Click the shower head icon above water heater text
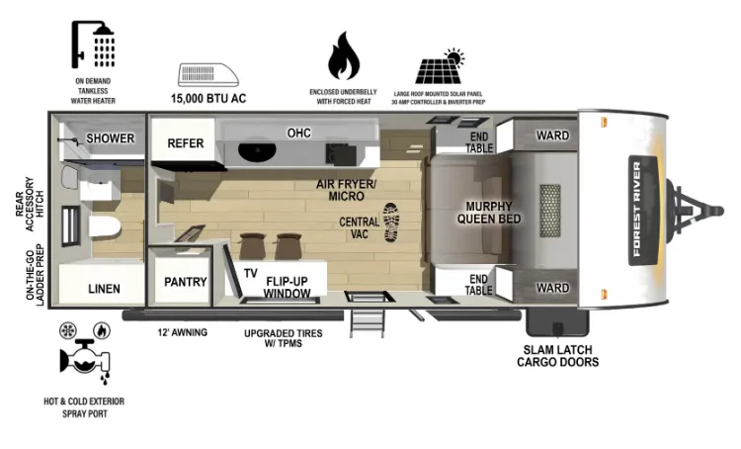click(x=93, y=44)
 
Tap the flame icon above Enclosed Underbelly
click(x=344, y=55)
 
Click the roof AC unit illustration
click(x=208, y=75)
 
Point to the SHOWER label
click(x=110, y=138)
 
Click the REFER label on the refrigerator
click(x=186, y=142)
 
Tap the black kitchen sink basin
click(x=257, y=151)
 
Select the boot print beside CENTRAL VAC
click(x=391, y=223)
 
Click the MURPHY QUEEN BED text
click(x=489, y=213)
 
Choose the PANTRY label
click(x=186, y=282)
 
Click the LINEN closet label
click(x=104, y=289)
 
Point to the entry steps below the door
click(x=368, y=323)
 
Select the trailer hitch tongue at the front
click(x=695, y=211)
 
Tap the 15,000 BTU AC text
click(x=208, y=99)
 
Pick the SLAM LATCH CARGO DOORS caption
click(x=557, y=356)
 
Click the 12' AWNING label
click(x=183, y=332)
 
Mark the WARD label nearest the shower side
click(x=552, y=135)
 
